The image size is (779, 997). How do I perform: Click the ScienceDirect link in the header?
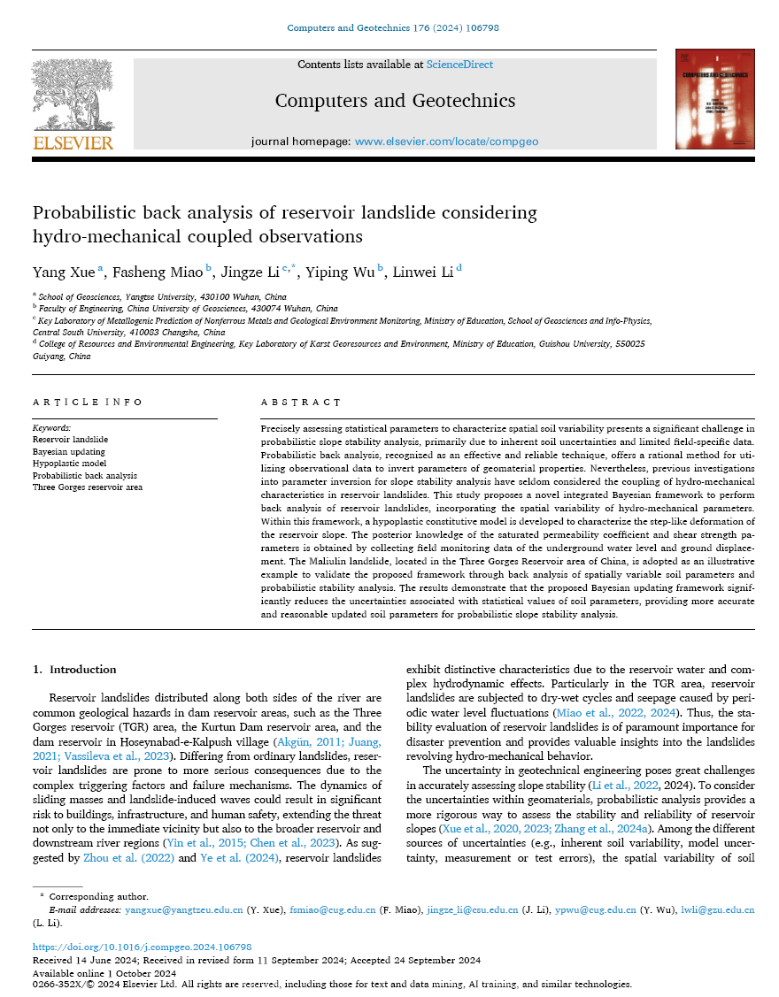[459, 65]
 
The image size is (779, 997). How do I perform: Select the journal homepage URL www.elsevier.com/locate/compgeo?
[446, 142]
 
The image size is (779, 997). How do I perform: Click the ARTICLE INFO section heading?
[87, 403]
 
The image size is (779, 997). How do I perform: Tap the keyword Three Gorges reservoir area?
[87, 487]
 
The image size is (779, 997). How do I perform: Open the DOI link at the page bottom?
[142, 947]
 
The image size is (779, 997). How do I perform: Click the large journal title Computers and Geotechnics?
[395, 100]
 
